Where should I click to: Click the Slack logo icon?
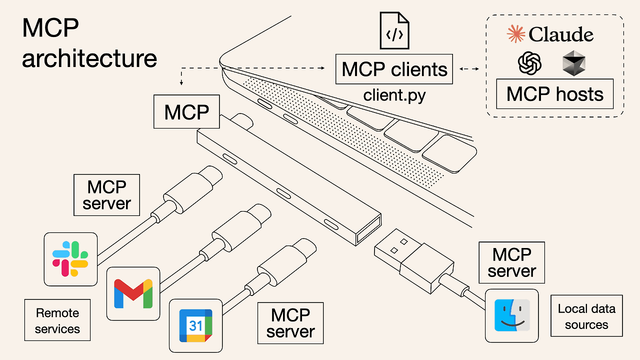[70, 259]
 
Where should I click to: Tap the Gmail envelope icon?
[133, 293]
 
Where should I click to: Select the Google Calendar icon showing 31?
[195, 325]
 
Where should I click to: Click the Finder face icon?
[512, 315]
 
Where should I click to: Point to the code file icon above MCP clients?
[394, 32]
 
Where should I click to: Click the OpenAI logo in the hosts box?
[530, 64]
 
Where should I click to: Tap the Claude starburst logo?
[515, 34]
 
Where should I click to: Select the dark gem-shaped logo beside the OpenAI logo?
[573, 64]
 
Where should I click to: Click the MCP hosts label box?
[554, 94]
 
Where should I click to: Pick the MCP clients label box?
[394, 69]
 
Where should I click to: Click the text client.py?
[394, 95]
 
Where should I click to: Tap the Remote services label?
[57, 320]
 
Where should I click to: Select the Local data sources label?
[586, 316]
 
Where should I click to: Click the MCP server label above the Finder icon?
[511, 262]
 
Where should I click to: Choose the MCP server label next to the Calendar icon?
[290, 323]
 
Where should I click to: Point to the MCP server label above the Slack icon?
[106, 195]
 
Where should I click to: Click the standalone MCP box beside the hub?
[186, 112]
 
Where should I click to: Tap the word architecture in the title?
[89, 58]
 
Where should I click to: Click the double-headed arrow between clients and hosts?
[469, 69]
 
